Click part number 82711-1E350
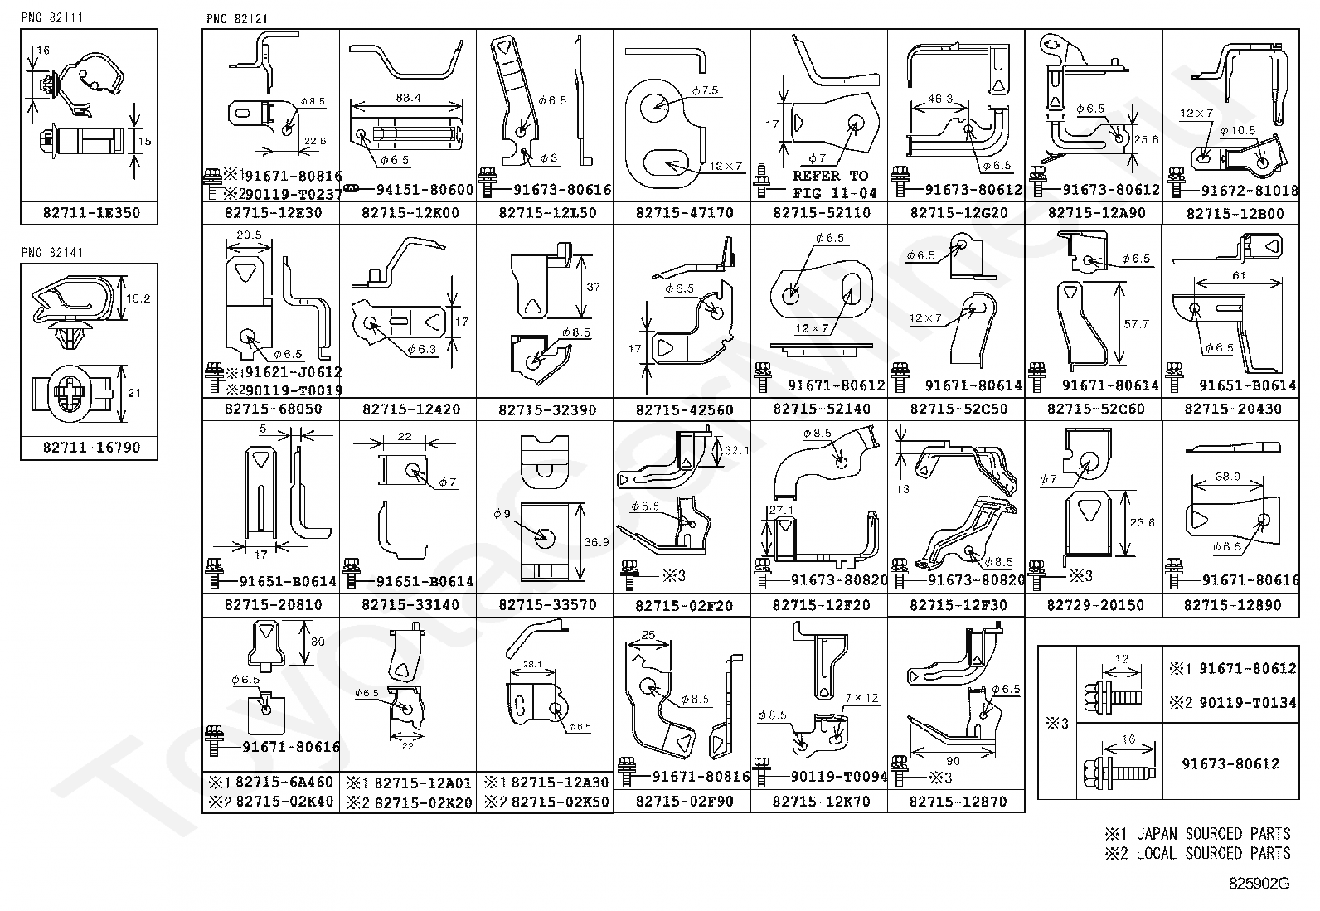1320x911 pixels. tap(91, 213)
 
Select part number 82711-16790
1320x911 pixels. tap(91, 448)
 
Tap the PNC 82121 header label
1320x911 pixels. tap(236, 18)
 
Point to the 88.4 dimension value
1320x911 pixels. tap(407, 98)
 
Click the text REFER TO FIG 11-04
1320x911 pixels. tap(830, 184)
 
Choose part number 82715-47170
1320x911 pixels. tap(684, 213)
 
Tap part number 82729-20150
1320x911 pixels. tap(1094, 605)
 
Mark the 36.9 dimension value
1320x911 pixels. tap(596, 542)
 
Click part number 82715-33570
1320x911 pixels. tap(547, 605)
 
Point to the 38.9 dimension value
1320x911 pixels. tap(1227, 477)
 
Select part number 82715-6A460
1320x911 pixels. tap(284, 782)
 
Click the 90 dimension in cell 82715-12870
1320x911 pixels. tap(953, 761)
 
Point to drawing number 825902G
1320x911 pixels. tap(1259, 883)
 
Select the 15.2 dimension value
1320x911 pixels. tap(140, 298)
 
